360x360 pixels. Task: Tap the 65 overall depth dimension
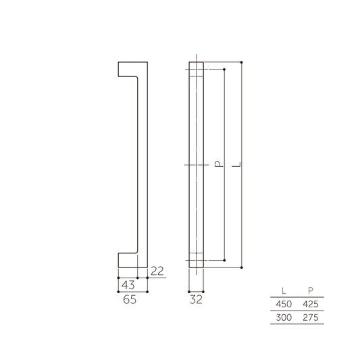[130, 301]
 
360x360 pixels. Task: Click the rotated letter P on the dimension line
[217, 164]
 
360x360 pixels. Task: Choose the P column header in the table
[310, 290]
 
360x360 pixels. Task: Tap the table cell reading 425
[310, 304]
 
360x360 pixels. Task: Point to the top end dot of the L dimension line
[242, 62]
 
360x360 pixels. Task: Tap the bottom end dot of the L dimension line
[242, 268]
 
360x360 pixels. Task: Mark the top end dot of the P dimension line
[223, 70]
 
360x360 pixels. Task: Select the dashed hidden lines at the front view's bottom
[195, 257]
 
